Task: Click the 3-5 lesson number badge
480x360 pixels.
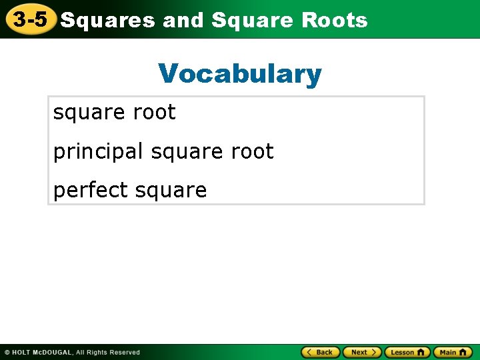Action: (30, 19)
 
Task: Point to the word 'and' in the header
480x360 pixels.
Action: (183, 21)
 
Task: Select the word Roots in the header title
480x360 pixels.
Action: (334, 21)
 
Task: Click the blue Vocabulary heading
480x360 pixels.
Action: (240, 73)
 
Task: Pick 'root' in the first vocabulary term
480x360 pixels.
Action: (155, 113)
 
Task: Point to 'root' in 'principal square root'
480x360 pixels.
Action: (252, 152)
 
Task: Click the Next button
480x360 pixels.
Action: (362, 352)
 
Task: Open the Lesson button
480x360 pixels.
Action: (406, 352)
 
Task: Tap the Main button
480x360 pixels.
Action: (452, 352)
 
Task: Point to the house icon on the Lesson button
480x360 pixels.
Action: (421, 352)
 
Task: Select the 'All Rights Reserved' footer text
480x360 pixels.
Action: (108, 352)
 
